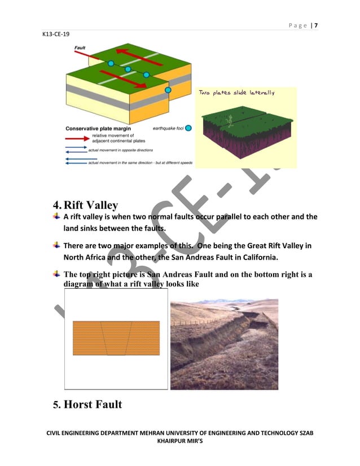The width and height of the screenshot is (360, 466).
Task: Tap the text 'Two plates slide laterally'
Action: pyautogui.click(x=236, y=93)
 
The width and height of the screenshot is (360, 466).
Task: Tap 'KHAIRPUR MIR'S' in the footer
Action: pyautogui.click(x=179, y=443)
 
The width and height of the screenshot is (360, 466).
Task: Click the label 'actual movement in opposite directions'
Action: pyautogui.click(x=125, y=151)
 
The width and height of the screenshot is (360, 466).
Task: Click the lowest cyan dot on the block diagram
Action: pyautogui.click(x=168, y=90)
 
